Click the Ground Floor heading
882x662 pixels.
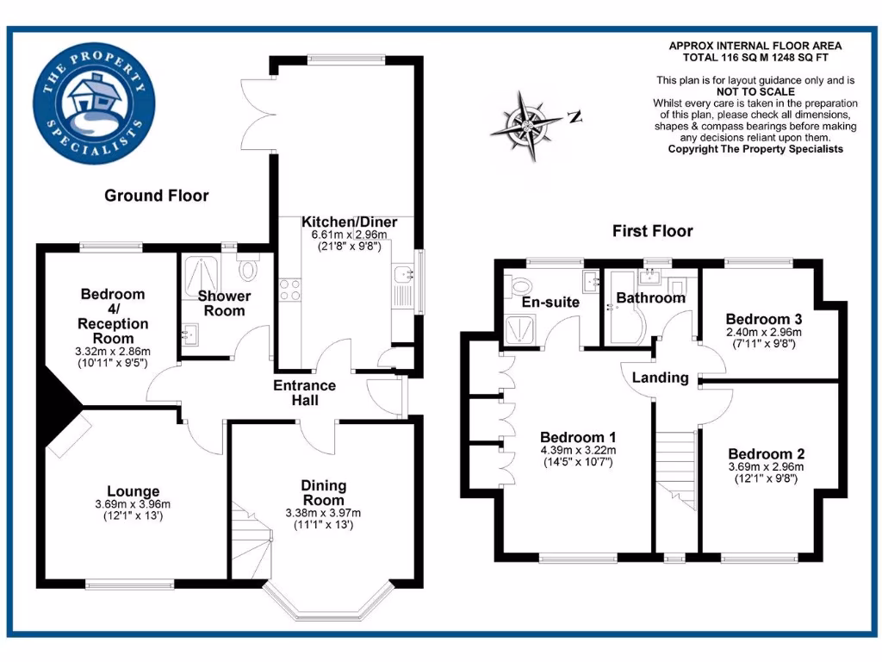156,196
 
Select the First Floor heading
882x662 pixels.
652,231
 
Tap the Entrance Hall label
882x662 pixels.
305,392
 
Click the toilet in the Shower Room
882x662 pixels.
248,269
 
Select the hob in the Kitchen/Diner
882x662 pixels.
289,290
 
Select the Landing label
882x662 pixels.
660,378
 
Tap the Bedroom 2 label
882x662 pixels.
766,454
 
